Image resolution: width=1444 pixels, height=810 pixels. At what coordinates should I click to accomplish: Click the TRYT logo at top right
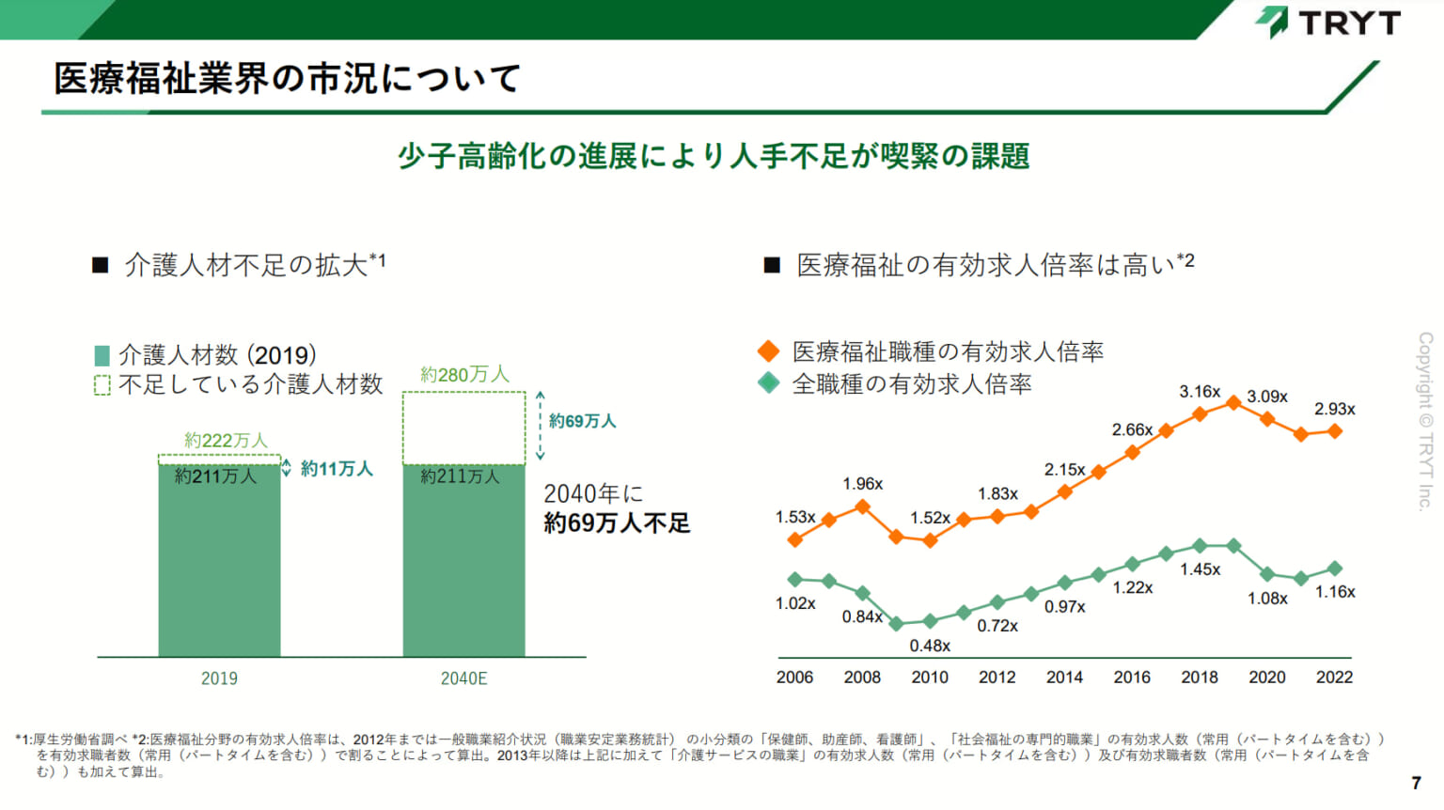coord(1327,22)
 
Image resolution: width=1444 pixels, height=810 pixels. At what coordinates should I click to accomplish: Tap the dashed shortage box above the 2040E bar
coord(463,428)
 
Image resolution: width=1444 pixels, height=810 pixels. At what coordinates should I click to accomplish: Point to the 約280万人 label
coord(464,375)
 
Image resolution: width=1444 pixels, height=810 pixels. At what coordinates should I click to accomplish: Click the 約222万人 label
coord(226,440)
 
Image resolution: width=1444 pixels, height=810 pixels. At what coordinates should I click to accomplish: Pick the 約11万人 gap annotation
coord(337,468)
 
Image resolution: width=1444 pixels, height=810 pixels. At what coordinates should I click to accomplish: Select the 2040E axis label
coord(463,678)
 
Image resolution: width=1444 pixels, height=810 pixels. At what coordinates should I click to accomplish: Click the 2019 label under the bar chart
coord(219,678)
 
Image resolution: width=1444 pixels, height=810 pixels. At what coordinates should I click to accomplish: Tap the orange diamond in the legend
coord(768,351)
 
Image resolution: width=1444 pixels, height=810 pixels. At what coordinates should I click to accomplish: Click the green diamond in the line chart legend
coord(768,383)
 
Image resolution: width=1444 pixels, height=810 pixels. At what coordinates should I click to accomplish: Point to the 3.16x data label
coord(1200,392)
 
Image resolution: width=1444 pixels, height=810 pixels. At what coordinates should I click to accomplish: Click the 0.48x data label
coord(930,646)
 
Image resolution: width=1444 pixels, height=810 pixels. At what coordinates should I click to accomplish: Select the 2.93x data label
coord(1334,409)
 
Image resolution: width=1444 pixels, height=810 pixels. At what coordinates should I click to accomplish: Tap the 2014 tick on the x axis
coord(1064,678)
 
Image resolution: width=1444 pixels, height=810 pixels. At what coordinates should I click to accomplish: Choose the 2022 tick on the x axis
coord(1334,678)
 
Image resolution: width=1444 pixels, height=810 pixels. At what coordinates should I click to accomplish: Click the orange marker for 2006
coord(795,539)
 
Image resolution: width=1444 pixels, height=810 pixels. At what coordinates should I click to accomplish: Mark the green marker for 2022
coord(1334,569)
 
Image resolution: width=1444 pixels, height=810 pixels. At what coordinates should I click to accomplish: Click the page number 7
coord(1417,783)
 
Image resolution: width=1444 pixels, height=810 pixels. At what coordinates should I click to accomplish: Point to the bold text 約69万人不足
coord(617,523)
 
